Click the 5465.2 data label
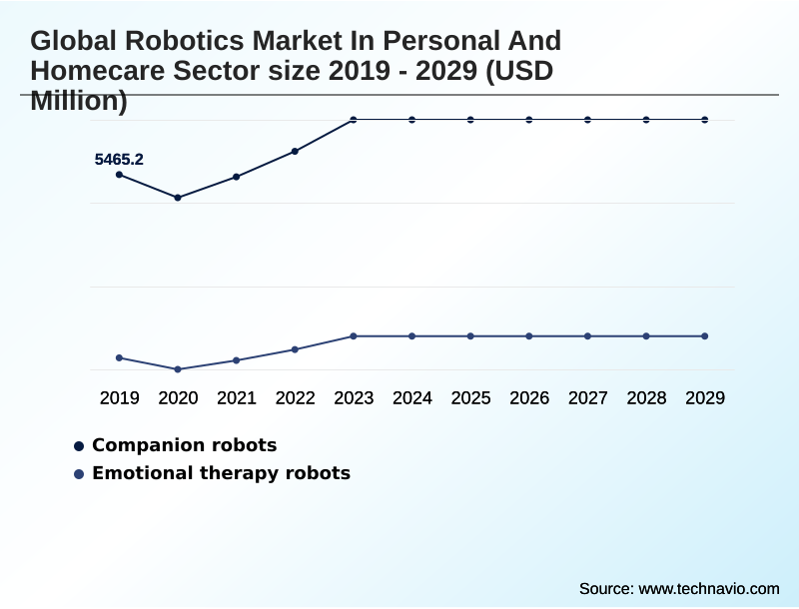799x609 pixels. tap(119, 159)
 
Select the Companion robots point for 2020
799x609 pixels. tap(178, 198)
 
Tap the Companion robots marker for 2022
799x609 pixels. tap(295, 152)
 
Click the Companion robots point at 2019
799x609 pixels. tap(119, 175)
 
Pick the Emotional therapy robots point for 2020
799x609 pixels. tap(178, 369)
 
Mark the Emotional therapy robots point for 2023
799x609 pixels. tap(354, 336)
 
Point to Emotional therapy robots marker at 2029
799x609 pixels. tap(704, 336)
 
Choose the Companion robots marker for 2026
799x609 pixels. tap(529, 120)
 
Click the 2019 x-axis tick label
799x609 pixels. tap(119, 398)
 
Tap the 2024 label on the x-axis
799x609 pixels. tap(411, 398)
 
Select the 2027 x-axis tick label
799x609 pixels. tap(587, 398)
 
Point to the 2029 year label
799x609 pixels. tap(704, 398)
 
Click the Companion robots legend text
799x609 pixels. tap(184, 445)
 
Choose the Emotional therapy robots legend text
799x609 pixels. tap(221, 473)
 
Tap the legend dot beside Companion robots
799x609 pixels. tap(79, 446)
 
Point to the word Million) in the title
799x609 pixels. tap(79, 100)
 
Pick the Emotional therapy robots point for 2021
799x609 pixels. tap(237, 360)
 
